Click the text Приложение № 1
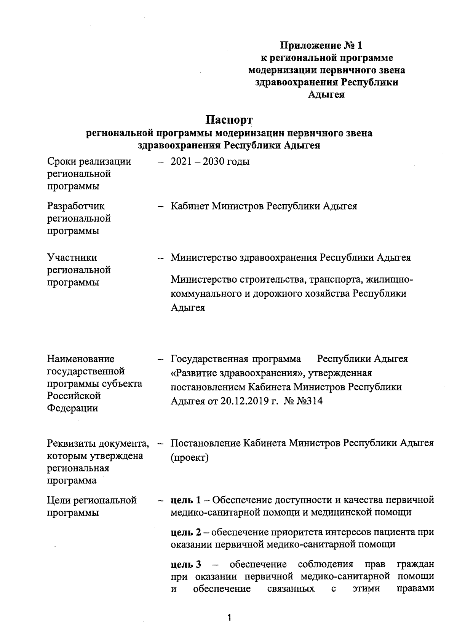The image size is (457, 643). (321, 46)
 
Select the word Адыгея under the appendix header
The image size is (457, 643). (326, 95)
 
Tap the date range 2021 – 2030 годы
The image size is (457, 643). (210, 162)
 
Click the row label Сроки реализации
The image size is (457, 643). (89, 162)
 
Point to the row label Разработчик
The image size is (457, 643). (76, 206)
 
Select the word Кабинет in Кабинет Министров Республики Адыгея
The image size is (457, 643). (189, 206)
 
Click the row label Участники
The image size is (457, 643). (72, 258)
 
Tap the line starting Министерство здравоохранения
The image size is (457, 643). (291, 258)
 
